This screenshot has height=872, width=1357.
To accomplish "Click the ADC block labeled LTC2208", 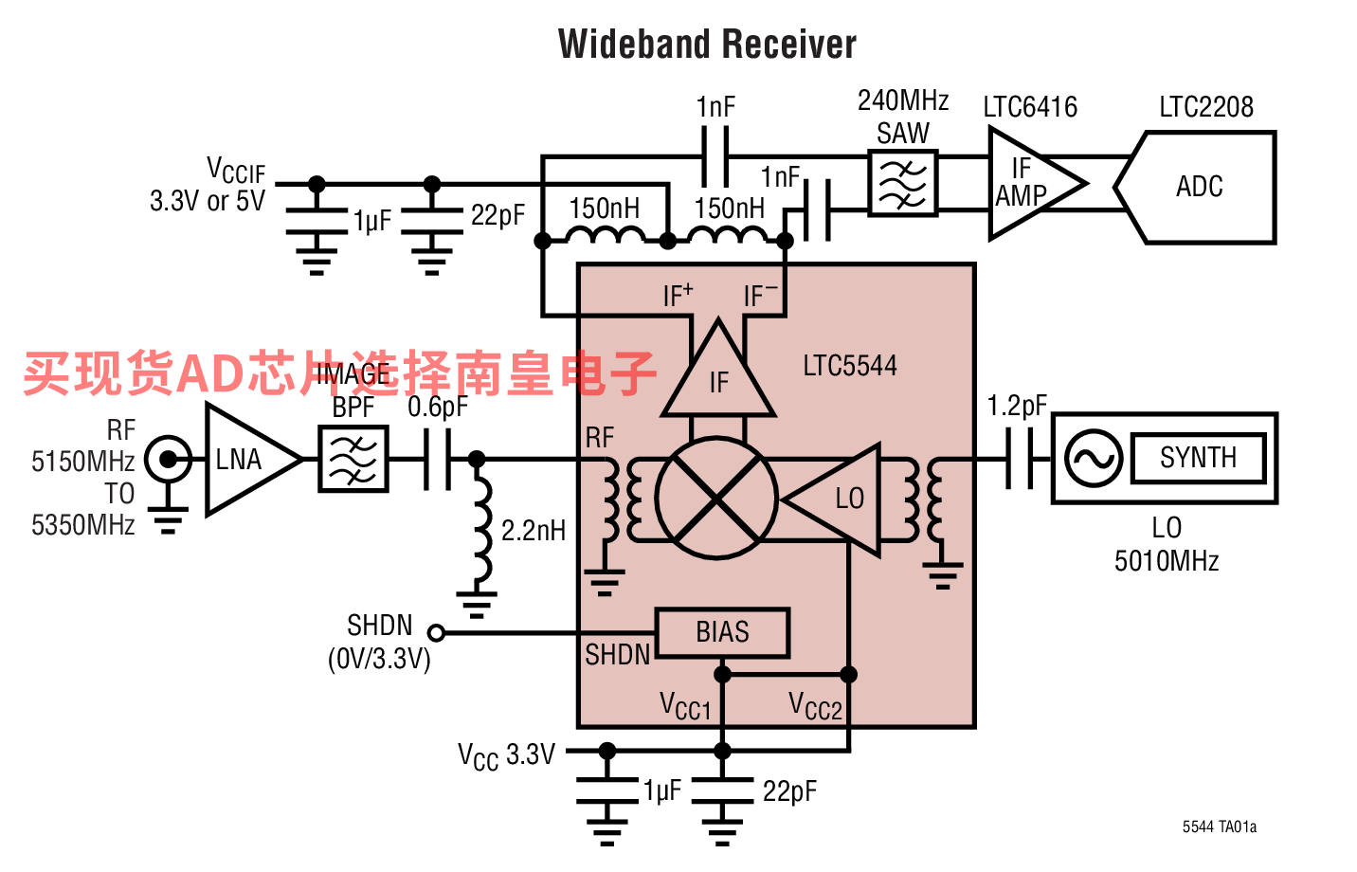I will tap(1200, 187).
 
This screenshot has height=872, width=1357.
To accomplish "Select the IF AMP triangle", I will tap(1030, 184).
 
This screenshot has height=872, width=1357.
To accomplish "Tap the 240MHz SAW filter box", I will tap(902, 182).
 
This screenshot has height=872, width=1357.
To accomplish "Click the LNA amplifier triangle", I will tap(244, 460).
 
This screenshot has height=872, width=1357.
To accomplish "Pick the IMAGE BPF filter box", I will tap(353, 460).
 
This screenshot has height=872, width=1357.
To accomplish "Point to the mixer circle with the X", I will tap(716, 498).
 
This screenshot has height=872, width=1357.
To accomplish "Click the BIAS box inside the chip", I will tap(722, 632).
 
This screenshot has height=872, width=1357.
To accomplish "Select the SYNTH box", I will tap(1198, 458).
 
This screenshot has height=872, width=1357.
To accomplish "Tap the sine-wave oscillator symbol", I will tap(1093, 458).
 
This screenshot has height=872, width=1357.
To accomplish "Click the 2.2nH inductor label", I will tap(533, 531).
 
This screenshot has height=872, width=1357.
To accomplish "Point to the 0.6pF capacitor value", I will tap(437, 408).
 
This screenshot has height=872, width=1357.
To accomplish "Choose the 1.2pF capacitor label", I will tap(1016, 407).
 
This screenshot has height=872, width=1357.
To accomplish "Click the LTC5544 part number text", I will tap(849, 366).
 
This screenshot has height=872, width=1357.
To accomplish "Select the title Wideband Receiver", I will tap(707, 45).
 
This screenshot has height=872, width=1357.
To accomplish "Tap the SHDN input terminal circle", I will tap(436, 632).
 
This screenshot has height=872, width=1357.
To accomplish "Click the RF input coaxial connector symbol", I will tap(169, 461).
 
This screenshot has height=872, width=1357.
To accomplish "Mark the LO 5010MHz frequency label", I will tap(1167, 545).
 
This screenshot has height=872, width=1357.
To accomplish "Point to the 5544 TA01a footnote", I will tap(1219, 827).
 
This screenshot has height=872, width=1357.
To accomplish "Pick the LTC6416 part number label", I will tap(1030, 107).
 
